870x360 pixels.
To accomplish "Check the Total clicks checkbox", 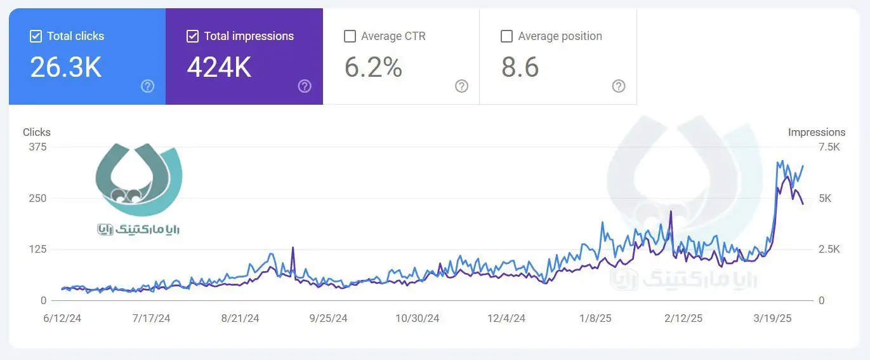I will point(36,36).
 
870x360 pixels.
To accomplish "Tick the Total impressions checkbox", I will point(193,36).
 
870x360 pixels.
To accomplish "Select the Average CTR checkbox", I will point(350,36).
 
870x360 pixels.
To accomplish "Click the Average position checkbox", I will point(506,36).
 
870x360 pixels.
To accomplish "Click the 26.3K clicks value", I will point(66,67).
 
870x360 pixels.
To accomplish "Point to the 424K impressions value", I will point(219,67).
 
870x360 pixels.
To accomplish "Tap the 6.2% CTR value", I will point(373,67).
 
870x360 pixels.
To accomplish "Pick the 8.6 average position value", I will point(520,67).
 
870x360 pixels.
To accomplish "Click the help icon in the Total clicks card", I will point(148,86).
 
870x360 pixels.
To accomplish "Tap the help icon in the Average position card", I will point(619,86).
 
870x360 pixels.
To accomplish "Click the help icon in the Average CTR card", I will point(462,86).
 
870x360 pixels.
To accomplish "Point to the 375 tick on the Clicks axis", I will point(37,147).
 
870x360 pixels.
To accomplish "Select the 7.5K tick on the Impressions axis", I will point(829,147).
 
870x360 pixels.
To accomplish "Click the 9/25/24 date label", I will point(329,318).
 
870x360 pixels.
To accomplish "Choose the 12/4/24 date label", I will point(506,318).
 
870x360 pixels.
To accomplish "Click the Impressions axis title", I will point(817,132).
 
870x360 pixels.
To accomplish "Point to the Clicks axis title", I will point(37,132).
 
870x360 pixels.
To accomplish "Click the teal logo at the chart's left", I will point(138,181).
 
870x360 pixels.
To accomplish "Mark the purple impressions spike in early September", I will point(293,248).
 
